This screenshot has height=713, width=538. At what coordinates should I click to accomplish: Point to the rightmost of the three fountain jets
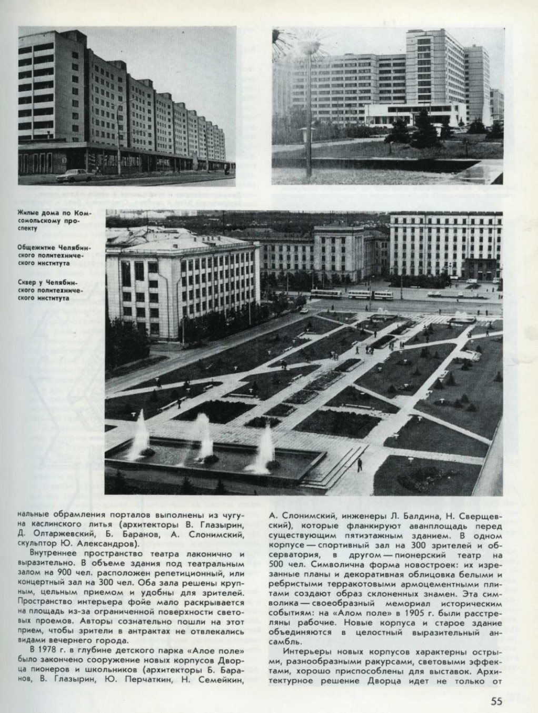click(x=266, y=448)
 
